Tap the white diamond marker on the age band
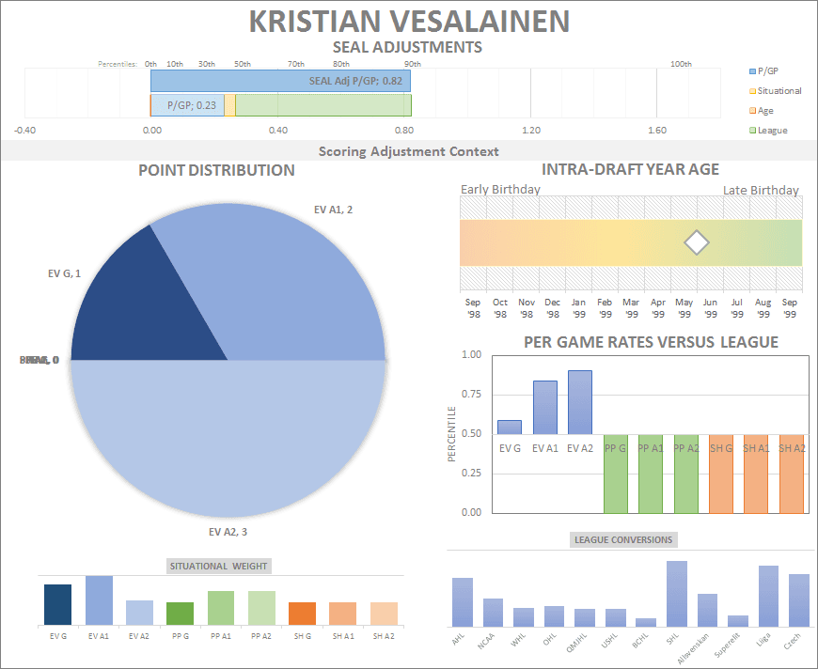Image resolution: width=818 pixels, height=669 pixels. [x=696, y=242]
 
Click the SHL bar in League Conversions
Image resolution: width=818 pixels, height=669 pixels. [x=677, y=593]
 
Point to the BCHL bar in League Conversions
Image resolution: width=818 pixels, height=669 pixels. [x=646, y=622]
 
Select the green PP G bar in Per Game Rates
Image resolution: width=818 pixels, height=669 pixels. [x=616, y=474]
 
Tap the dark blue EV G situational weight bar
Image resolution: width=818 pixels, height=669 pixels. [x=57, y=604]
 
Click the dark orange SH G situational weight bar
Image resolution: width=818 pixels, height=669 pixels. [x=302, y=614]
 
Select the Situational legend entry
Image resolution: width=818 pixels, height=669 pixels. [x=778, y=91]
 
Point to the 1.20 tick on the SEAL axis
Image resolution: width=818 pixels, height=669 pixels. [x=530, y=131]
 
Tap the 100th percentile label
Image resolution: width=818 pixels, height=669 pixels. [x=681, y=64]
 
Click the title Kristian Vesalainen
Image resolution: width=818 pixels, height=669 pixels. [x=409, y=21]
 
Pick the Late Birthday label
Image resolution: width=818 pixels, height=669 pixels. [x=761, y=190]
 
